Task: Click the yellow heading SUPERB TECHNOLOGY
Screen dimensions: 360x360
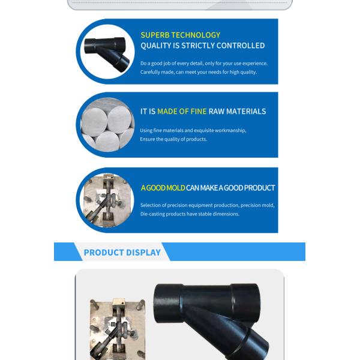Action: tap(180, 35)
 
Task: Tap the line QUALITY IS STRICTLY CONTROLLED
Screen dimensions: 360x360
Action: tap(202, 46)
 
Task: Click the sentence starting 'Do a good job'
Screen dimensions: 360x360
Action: tap(203, 63)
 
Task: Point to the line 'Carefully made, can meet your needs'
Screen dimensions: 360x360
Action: tap(198, 72)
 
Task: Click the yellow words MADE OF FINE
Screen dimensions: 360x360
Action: tap(182, 112)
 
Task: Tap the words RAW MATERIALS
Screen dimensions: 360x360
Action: tap(237, 112)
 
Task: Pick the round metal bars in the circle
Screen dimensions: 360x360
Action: tap(106, 125)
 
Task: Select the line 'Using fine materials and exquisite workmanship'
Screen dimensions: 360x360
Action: tap(193, 130)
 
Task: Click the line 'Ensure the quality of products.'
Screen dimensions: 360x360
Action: tap(173, 139)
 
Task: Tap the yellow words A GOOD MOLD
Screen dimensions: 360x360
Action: tap(163, 188)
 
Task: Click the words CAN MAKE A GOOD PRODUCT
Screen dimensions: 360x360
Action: tap(230, 188)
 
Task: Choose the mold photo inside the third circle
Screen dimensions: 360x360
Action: tap(106, 200)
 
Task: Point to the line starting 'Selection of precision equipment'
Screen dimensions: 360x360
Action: tap(207, 205)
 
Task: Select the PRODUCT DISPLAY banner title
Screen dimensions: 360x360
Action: tap(122, 253)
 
